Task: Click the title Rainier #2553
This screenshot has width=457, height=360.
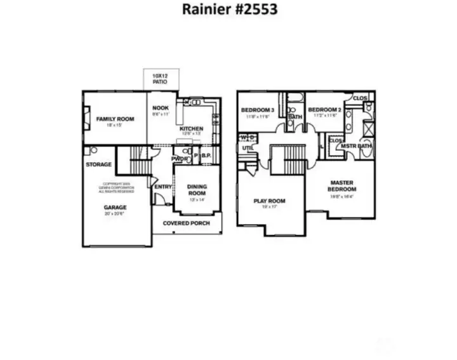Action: [x=230, y=10]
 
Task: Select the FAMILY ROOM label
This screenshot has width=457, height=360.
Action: [x=114, y=119]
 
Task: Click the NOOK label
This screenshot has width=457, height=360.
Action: [x=161, y=108]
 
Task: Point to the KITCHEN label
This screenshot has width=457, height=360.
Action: [x=191, y=128]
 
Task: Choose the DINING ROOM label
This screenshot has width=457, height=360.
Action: [x=196, y=189]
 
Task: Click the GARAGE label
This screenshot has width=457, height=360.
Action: [x=116, y=208]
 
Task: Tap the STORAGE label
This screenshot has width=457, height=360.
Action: [x=98, y=164]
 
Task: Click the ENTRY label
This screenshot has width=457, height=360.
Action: [x=163, y=187]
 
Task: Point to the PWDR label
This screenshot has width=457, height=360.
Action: [x=180, y=159]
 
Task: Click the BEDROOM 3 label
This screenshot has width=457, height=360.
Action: [x=256, y=110]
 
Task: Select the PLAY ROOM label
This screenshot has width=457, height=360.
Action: [x=269, y=201]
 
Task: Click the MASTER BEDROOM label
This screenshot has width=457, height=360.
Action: [x=342, y=185]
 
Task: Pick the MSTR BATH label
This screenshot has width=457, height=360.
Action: [x=356, y=147]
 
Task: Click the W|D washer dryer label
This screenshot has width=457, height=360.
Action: [x=248, y=137]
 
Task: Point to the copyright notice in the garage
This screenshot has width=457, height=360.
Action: [x=116, y=189]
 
